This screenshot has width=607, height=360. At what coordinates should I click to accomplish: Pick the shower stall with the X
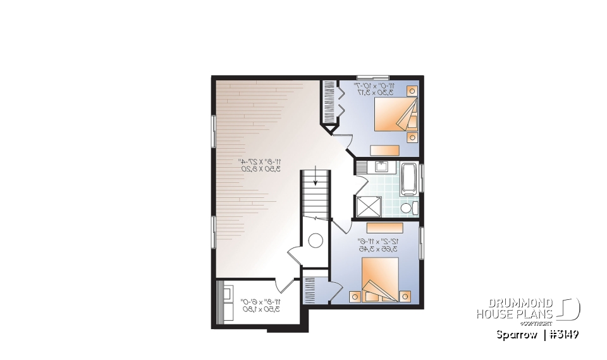click(369, 206)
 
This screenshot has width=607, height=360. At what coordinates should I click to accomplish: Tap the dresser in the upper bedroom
click(384, 150)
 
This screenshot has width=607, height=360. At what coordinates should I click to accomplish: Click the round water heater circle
click(315, 240)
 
